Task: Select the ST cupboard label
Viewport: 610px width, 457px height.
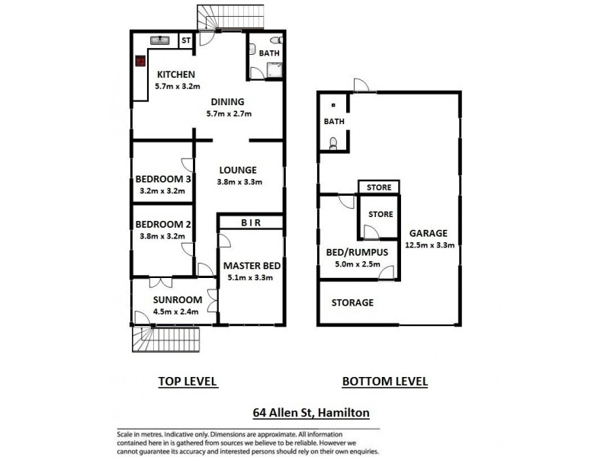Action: (185, 40)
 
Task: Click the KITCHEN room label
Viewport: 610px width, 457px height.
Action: (177, 75)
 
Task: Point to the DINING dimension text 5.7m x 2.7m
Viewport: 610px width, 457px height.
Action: (228, 113)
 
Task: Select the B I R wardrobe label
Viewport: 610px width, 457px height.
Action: (251, 222)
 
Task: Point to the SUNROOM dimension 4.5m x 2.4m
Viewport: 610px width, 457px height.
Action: (177, 311)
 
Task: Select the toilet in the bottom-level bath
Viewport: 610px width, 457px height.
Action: (333, 142)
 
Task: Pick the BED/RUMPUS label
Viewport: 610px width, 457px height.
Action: (353, 252)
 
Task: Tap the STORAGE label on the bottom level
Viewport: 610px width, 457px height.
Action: (352, 302)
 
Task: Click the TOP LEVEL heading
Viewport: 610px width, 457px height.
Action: (188, 381)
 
